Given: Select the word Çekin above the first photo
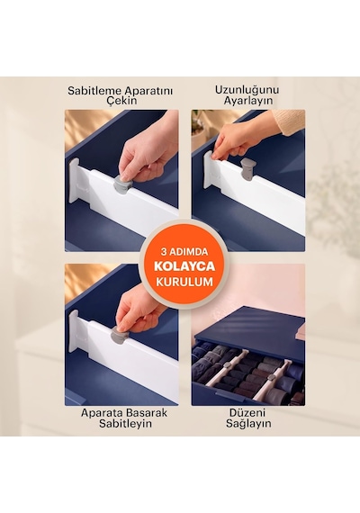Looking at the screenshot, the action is pyautogui.click(x=121, y=101).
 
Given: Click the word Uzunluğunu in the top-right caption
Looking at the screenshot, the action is pyautogui.click(x=247, y=90).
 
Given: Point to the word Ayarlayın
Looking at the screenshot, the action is pyautogui.click(x=248, y=101).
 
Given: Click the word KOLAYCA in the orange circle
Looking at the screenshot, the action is pyautogui.click(x=184, y=266).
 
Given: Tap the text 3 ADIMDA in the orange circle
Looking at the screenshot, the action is pyautogui.click(x=184, y=252).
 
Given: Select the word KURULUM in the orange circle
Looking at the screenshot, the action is pyautogui.click(x=184, y=282).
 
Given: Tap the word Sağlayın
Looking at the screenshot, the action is pyautogui.click(x=248, y=423).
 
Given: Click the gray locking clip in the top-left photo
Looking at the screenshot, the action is pyautogui.click(x=122, y=184).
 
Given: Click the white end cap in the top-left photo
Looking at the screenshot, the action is pyautogui.click(x=75, y=184).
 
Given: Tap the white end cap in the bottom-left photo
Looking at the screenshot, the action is pyautogui.click(x=74, y=331).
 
